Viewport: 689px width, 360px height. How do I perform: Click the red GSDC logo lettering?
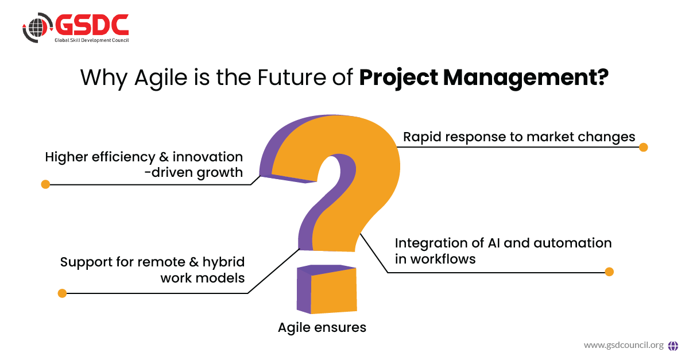(92, 25)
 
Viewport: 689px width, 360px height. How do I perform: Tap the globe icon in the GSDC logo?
(37, 28)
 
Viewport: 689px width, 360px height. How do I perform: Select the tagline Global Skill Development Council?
(92, 40)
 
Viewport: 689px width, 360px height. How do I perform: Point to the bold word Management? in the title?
(526, 78)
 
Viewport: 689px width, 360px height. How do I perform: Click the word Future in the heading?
(292, 78)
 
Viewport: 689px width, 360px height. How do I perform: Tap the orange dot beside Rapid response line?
(643, 148)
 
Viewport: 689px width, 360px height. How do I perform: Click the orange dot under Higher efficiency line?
(45, 184)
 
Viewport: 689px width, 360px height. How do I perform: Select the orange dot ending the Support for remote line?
(62, 293)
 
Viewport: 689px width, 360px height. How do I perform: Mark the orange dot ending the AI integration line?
(609, 272)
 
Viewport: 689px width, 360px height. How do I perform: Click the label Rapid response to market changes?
(519, 137)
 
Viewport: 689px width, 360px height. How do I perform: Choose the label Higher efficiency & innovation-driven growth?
(144, 165)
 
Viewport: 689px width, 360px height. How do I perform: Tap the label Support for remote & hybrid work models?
(152, 270)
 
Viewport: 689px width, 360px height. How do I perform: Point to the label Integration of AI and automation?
(503, 243)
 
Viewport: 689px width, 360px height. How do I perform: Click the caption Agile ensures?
(322, 328)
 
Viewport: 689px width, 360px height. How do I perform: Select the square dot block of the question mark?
(327, 289)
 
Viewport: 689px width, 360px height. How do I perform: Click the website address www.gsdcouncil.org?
(624, 346)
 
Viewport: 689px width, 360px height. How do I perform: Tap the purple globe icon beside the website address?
(673, 346)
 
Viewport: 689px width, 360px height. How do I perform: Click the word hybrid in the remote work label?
(223, 262)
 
